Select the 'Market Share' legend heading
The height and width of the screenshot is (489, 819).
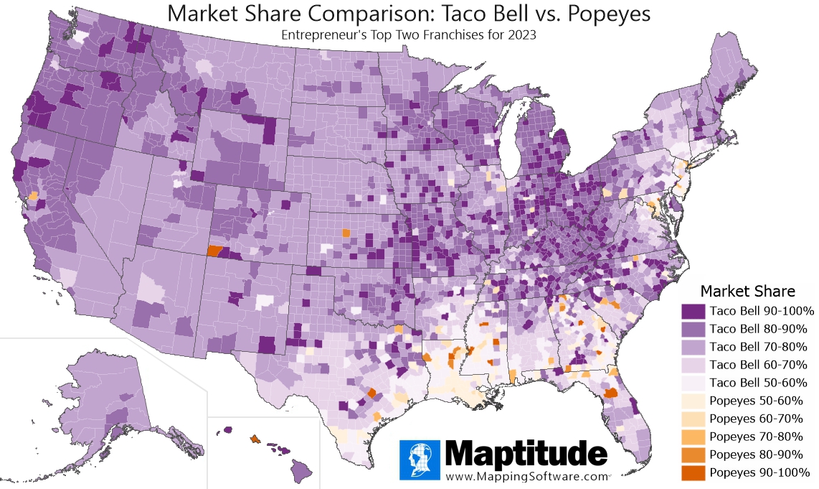pos(747,291)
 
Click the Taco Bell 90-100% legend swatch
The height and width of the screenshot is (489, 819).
pos(693,312)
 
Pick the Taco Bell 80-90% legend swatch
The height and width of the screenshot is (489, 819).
pos(693,330)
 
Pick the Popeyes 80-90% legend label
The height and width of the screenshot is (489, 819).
pos(756,455)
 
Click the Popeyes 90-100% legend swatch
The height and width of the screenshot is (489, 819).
pos(693,472)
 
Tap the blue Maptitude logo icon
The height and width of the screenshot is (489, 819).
pos(420,460)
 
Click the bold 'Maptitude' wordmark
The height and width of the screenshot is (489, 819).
pos(526,455)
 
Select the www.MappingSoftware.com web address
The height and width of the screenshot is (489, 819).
pos(526,475)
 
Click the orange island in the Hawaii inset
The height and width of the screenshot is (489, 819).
pos(255,438)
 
